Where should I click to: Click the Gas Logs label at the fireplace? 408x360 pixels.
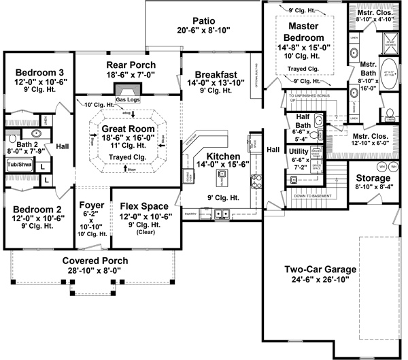coord(127,100)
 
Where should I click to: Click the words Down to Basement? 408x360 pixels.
coord(311,195)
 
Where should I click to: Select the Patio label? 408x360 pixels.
coord(204,20)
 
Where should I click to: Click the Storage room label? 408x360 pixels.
coord(373,178)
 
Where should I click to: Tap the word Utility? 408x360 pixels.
coord(298,150)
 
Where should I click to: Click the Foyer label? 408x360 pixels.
coord(91,205)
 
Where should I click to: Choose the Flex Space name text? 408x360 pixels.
coord(144,205)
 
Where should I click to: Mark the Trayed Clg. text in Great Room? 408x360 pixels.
coord(128,157)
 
